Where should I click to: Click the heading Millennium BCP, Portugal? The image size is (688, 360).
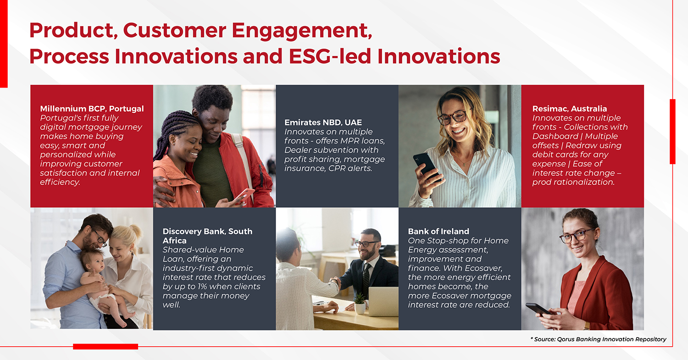(92, 109)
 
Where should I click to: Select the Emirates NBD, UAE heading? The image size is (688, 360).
(323, 122)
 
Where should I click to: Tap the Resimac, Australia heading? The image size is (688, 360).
(570, 109)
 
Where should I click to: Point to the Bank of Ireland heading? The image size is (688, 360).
(438, 231)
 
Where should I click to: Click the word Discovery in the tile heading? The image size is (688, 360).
(182, 232)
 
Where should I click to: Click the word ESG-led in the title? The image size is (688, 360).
(330, 56)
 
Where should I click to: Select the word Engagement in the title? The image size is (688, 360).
(302, 31)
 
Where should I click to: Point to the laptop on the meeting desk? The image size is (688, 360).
(383, 301)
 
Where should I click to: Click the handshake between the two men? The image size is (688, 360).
(336, 282)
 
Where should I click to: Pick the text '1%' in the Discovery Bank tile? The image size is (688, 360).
(202, 287)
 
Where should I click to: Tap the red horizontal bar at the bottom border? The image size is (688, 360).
(105, 347)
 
